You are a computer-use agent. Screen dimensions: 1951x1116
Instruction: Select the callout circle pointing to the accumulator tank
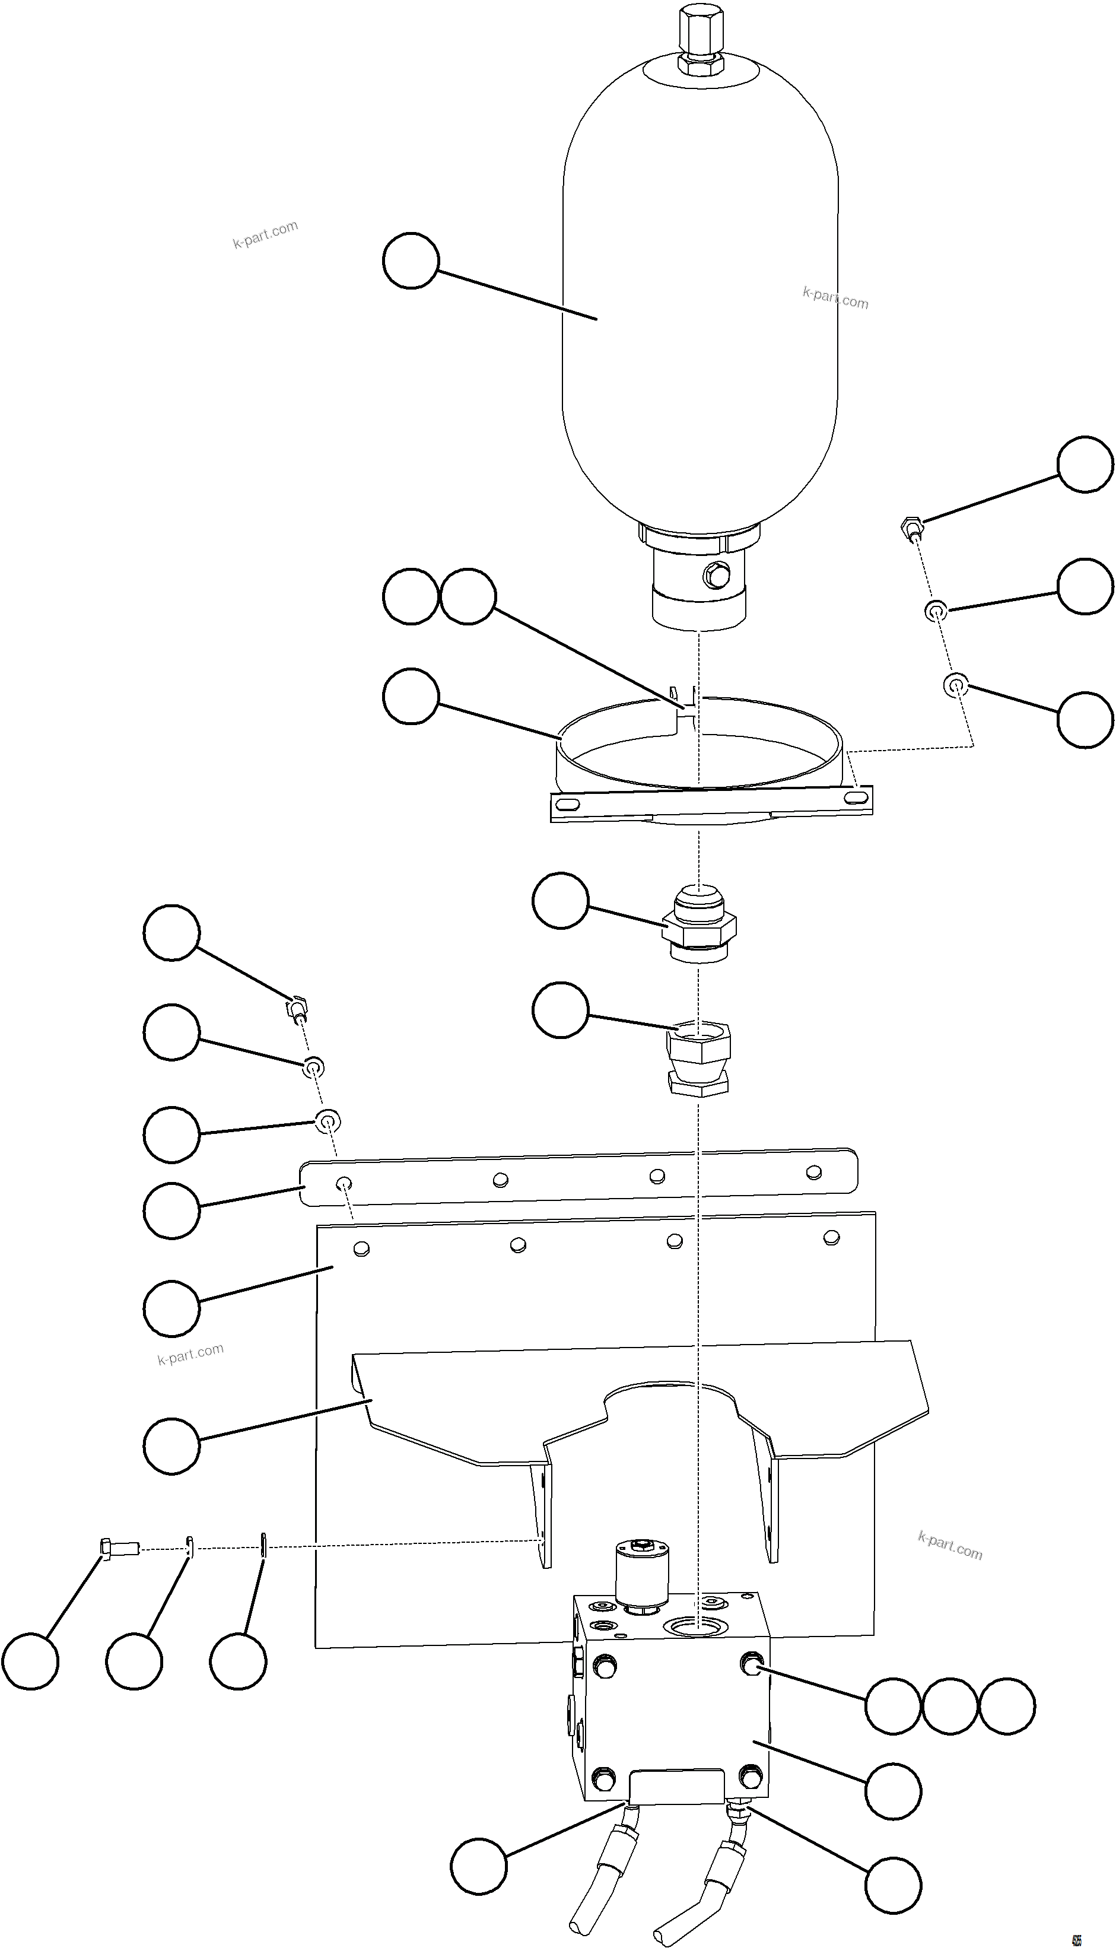[x=411, y=260]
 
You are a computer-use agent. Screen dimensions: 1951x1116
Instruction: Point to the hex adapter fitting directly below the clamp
[x=698, y=924]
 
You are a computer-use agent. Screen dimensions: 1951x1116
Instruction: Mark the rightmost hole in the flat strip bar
[x=814, y=1172]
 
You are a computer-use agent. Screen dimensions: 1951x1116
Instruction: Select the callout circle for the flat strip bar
[x=171, y=1210]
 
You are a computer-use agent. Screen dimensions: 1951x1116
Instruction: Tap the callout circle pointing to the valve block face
[x=893, y=1791]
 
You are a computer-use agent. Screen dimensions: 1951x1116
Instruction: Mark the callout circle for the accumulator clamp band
[x=411, y=696]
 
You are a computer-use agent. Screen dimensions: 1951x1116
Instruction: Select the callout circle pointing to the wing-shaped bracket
[x=171, y=1445]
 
